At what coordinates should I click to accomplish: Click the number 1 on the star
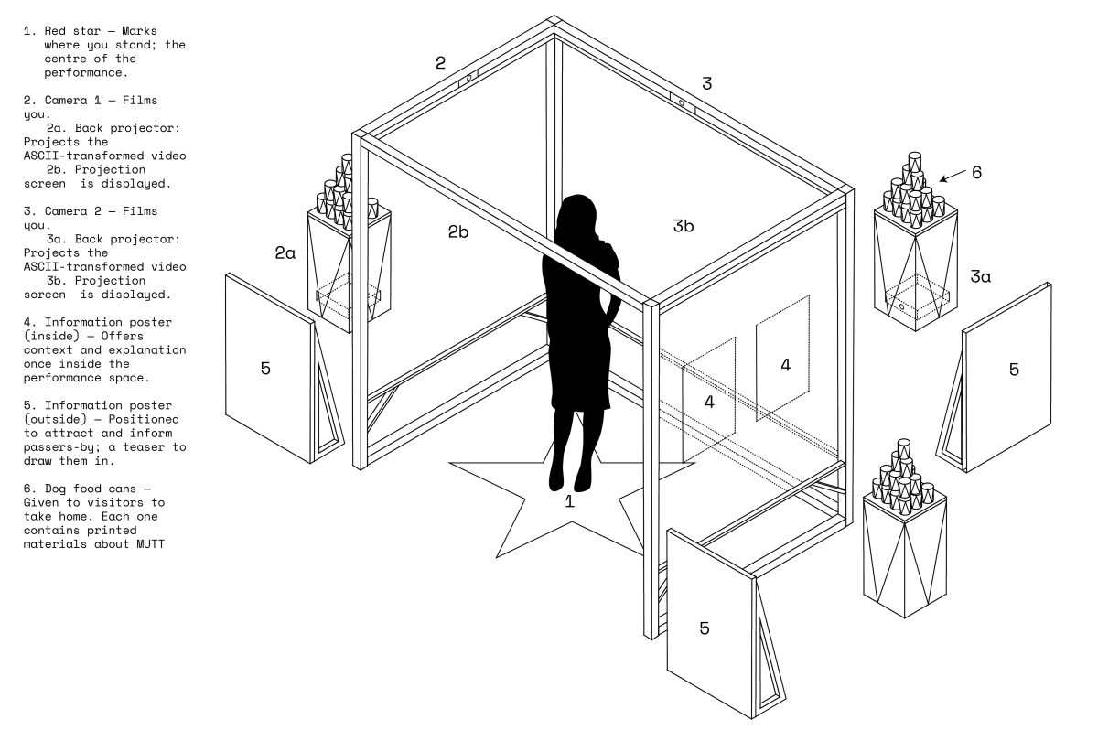pos(569,501)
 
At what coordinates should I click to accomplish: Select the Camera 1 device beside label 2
pos(469,79)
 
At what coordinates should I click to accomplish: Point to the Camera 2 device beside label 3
pos(682,102)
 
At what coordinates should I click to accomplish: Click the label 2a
pos(285,253)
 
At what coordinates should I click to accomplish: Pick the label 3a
pos(980,275)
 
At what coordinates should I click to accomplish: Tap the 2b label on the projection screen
pos(458,231)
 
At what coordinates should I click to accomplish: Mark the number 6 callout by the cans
pos(977,171)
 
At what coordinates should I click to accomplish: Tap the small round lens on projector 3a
pos(901,308)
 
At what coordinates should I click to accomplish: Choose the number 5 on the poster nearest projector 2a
pos(265,368)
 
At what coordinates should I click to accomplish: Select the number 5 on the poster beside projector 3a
pos(1013,369)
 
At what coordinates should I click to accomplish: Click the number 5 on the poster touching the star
pos(705,628)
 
